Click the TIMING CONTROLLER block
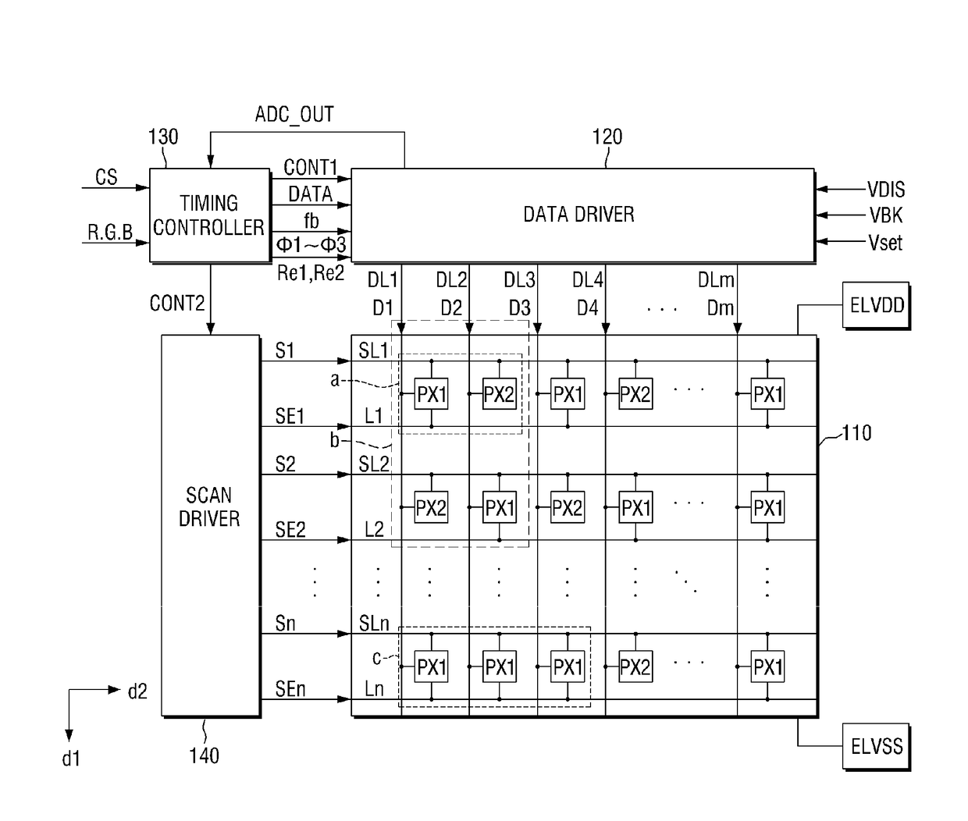coord(210,215)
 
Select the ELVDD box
coord(876,305)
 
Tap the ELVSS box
coord(876,746)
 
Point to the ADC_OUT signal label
coord(294,115)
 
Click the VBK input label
coord(886,215)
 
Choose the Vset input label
coord(885,243)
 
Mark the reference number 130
coord(163,137)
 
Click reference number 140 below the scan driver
coord(204,755)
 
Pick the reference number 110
coord(856,433)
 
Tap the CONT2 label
coord(177,304)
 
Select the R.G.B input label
coord(110,232)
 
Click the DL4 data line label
coord(587,280)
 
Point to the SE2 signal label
coord(290,530)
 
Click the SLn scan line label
coord(374,623)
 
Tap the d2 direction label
coord(137,691)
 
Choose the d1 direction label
coord(71,759)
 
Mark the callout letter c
coord(376,658)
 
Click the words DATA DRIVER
coord(578,215)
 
